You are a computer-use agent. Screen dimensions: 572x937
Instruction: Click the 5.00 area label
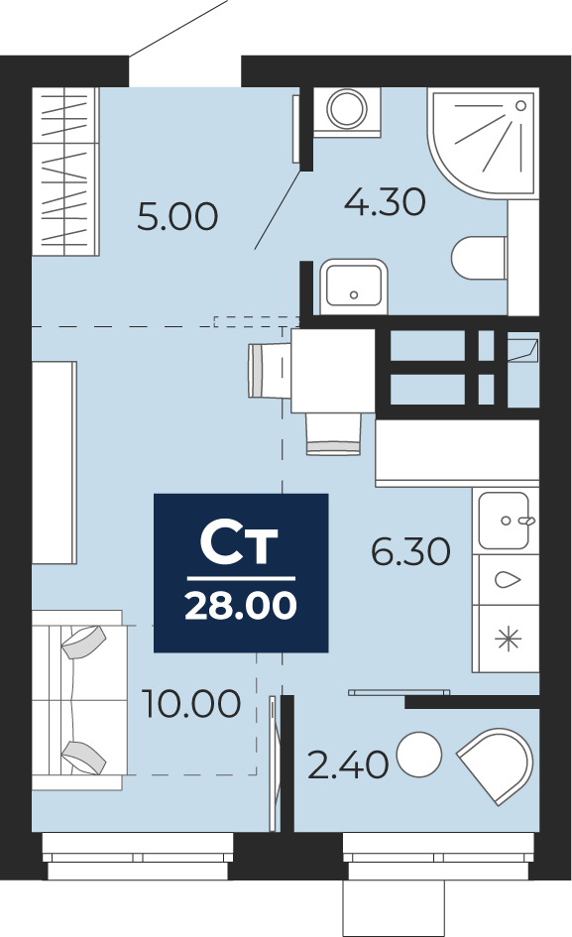click(177, 217)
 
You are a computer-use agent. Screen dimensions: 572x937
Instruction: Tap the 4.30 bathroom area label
click(385, 201)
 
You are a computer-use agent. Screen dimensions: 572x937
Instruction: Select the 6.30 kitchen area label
click(411, 551)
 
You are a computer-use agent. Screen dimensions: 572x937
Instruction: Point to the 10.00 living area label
click(191, 703)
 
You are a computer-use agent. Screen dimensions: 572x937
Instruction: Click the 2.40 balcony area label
click(348, 764)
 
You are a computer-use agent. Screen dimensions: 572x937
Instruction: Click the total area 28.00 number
click(241, 606)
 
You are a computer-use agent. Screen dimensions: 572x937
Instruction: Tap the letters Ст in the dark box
click(239, 544)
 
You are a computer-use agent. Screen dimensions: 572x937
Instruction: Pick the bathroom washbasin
click(353, 287)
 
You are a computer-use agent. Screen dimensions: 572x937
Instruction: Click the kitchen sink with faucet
click(505, 521)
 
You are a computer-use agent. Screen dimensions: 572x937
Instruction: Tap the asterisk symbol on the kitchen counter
click(508, 640)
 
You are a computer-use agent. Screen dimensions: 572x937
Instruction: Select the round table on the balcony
click(419, 755)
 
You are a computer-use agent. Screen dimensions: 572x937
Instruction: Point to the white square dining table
click(333, 371)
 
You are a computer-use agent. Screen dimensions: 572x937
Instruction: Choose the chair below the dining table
click(333, 434)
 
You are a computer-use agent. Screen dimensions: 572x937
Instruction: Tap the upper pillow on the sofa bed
click(83, 642)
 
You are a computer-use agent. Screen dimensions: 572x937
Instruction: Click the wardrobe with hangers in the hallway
click(64, 173)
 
